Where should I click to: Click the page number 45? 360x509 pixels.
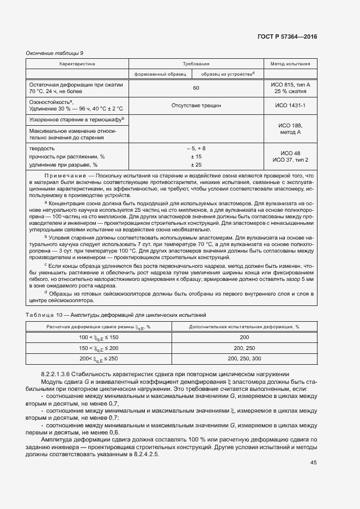pyautogui.click(x=313, y=462)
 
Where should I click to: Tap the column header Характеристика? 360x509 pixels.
pyautogui.click(x=77, y=64)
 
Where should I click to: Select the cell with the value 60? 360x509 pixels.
pyautogui.click(x=196, y=88)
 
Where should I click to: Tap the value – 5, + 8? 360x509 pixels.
pyautogui.click(x=196, y=148)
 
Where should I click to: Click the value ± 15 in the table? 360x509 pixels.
pyautogui.click(x=196, y=156)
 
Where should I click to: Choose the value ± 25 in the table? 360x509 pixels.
pyautogui.click(x=196, y=164)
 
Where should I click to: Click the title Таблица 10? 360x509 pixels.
pyautogui.click(x=44, y=315)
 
